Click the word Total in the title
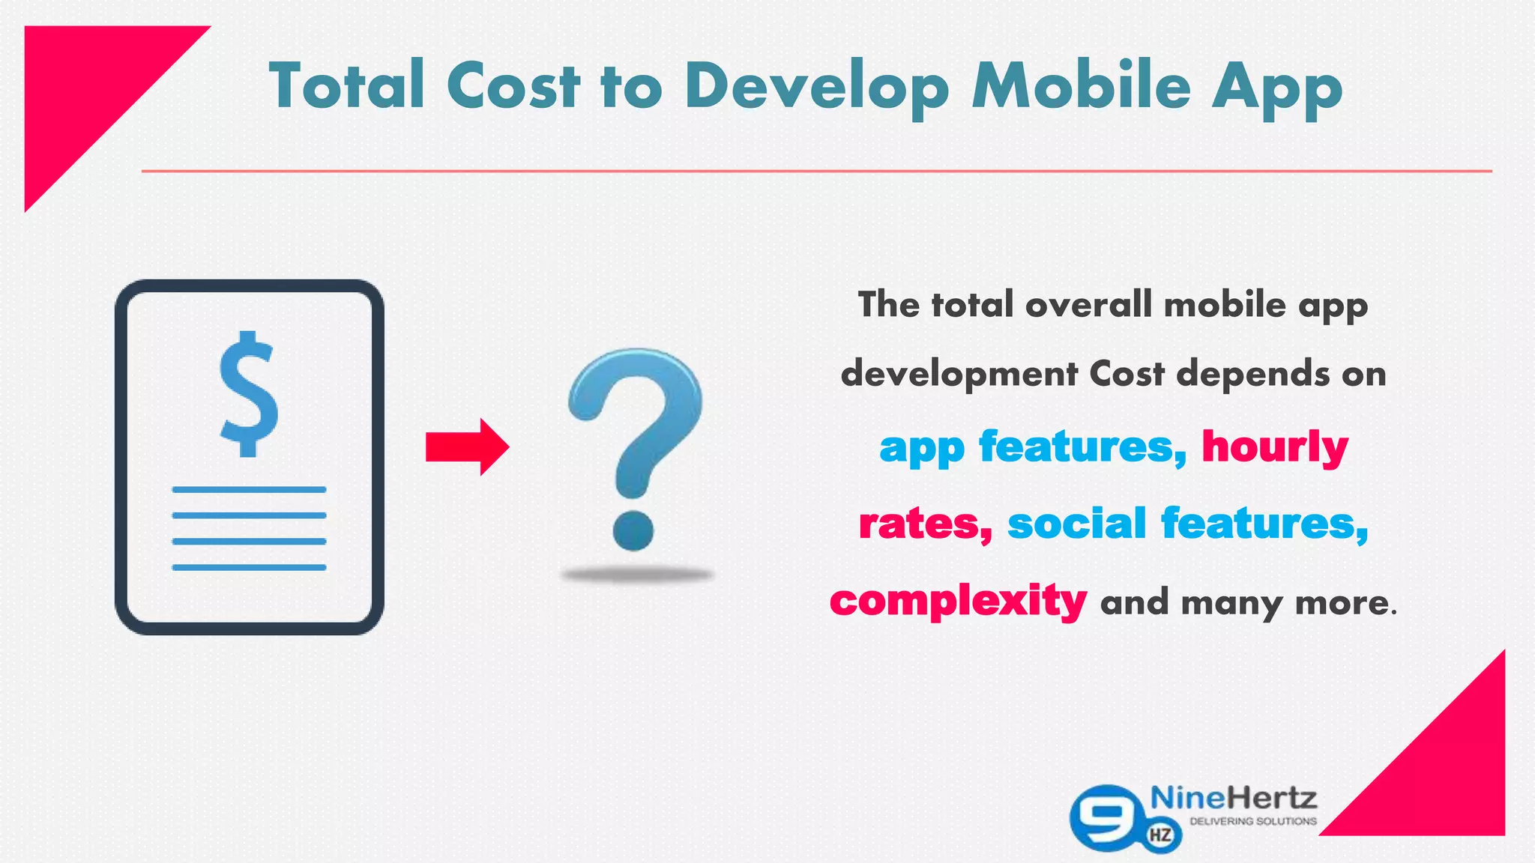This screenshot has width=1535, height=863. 347,85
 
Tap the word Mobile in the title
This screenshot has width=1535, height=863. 1082,85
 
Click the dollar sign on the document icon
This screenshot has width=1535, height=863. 249,394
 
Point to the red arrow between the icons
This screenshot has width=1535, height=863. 467,447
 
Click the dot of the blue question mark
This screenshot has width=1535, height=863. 633,530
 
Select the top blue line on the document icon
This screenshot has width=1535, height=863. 249,490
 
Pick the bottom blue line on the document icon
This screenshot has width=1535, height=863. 249,567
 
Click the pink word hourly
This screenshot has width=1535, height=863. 1275,446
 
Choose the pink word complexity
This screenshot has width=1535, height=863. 958,601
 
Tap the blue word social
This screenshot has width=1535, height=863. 1076,523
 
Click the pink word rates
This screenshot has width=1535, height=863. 923,523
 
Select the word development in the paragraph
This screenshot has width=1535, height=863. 959,374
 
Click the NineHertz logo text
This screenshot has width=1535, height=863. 1233,797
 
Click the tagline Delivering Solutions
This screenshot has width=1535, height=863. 1253,822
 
